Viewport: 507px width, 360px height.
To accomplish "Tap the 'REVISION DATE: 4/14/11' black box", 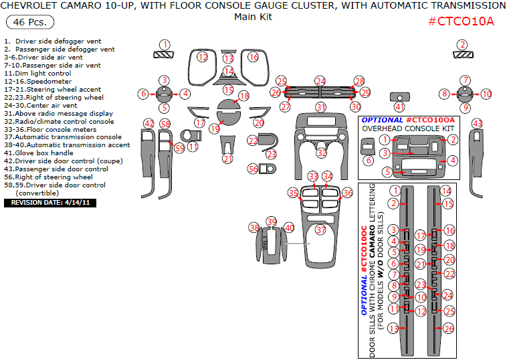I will pyautogui.click(x=50, y=201).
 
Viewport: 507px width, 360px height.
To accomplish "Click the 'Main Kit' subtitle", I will pyautogui.click(x=253, y=17).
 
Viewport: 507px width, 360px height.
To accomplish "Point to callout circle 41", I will pyautogui.click(x=399, y=106).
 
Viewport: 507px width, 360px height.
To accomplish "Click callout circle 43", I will pyautogui.click(x=477, y=123).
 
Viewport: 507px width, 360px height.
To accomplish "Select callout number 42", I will pyautogui.click(x=148, y=123).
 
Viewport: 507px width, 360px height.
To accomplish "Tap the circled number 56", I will pyautogui.click(x=253, y=169).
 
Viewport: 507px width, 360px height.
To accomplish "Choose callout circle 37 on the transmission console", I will pyautogui.click(x=320, y=230).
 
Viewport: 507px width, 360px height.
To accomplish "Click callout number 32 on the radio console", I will pyautogui.click(x=322, y=153).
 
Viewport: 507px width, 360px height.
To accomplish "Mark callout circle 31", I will pyautogui.click(x=321, y=107).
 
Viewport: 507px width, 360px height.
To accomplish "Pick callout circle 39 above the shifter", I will pyautogui.click(x=271, y=221).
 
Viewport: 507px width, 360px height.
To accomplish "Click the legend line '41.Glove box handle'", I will pyautogui.click(x=40, y=153).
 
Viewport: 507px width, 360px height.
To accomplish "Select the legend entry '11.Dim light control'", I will pyautogui.click(x=37, y=74).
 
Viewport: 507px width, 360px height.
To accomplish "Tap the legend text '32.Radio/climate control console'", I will pyautogui.click(x=59, y=122).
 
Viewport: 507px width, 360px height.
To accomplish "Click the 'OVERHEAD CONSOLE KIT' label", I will pyautogui.click(x=408, y=128).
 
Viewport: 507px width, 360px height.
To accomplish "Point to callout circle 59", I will pyautogui.click(x=179, y=148).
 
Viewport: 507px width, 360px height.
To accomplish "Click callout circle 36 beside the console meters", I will pyautogui.click(x=347, y=193).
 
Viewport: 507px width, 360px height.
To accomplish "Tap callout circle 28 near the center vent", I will pyautogui.click(x=359, y=80).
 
